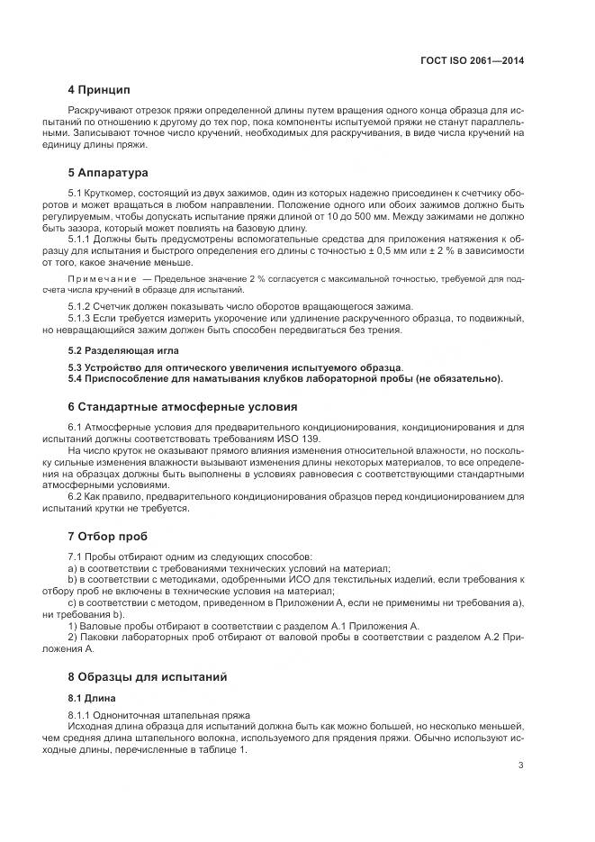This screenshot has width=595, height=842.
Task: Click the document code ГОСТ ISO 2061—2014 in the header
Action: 472,62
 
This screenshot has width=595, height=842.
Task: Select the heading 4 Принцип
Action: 99,90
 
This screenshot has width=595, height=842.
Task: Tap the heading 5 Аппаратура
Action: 108,172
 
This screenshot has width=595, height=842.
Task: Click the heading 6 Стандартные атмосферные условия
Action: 183,407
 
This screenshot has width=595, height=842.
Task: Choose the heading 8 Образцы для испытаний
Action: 148,676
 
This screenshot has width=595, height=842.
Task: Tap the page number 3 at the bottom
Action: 520,766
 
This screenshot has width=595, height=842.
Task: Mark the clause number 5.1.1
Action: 81,240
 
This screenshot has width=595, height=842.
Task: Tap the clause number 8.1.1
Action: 81,715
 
